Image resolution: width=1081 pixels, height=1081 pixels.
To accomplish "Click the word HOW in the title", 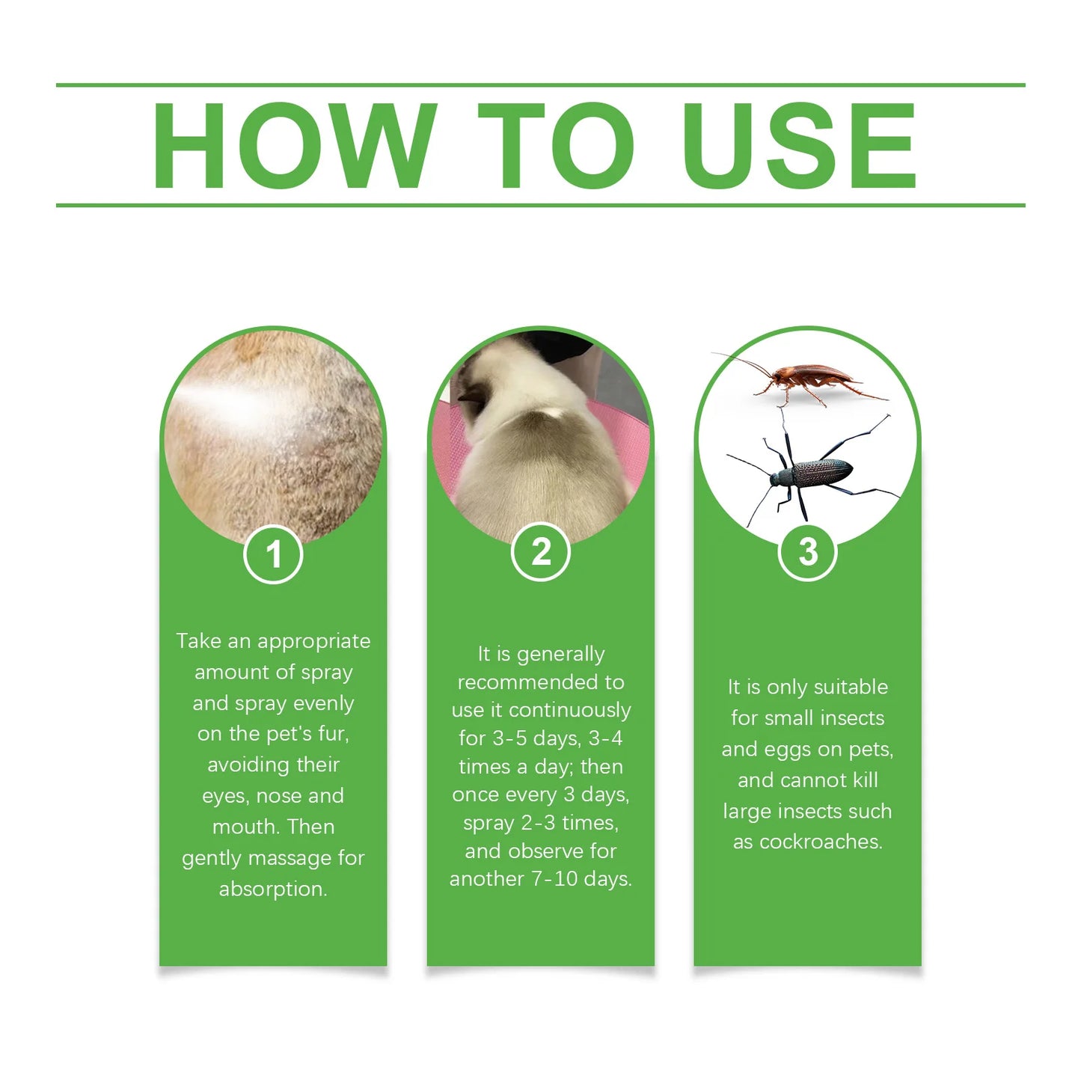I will coord(293,146).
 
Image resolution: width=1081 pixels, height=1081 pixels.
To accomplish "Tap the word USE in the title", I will coord(798,146).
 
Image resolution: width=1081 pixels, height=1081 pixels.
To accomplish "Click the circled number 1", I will coord(273,555).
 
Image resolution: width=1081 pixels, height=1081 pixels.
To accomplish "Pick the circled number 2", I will coord(540,553).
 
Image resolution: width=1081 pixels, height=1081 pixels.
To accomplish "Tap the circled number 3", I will coord(807,552).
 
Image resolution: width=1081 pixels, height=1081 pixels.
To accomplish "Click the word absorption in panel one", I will coord(273,889).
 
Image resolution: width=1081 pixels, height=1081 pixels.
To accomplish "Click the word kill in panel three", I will coord(865,780).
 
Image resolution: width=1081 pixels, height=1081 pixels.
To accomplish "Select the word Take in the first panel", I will coord(198,641).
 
